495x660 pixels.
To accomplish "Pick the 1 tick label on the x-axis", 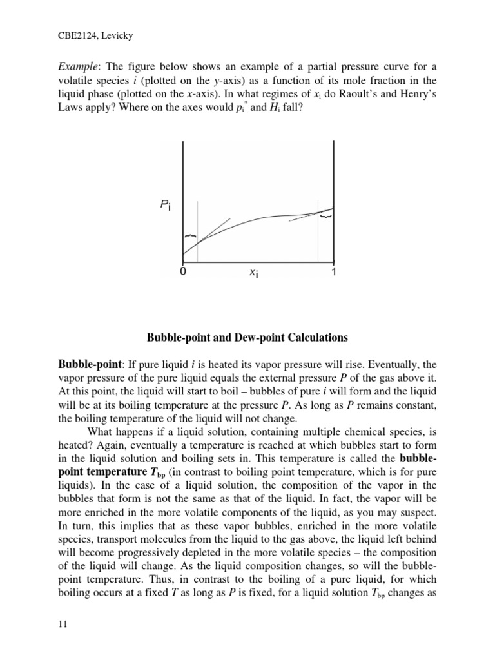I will [333, 273].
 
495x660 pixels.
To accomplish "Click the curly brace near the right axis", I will [326, 217].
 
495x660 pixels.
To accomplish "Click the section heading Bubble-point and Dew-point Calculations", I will [247, 337].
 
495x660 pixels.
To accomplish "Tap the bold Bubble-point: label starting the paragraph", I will [86, 365].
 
